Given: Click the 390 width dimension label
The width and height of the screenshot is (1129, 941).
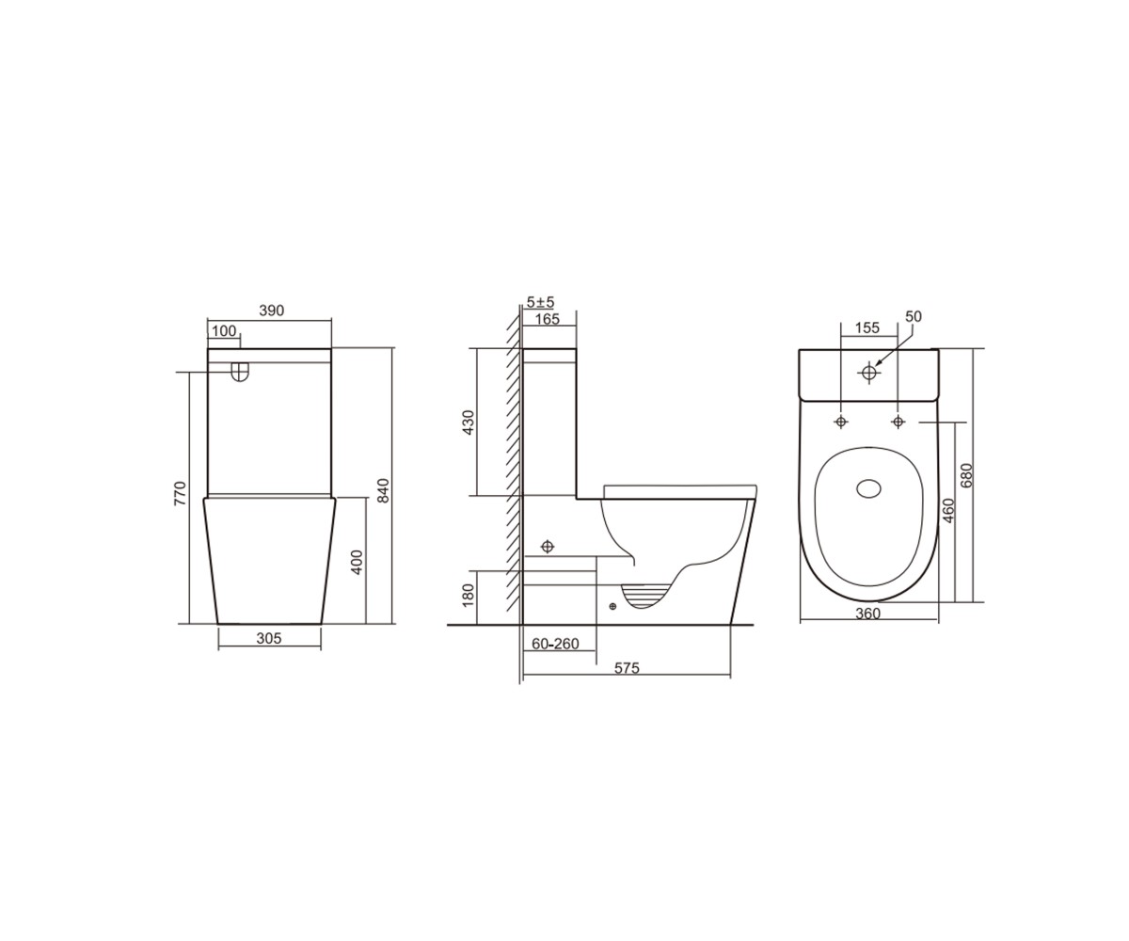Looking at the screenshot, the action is point(272,311).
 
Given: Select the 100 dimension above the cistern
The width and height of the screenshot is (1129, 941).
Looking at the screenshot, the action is point(224,330).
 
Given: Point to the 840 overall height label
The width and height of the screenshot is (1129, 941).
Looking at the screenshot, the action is point(383,490).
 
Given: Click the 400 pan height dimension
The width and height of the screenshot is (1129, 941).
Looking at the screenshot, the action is point(357,562).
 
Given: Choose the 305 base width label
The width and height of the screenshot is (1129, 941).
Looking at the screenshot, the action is point(269,638).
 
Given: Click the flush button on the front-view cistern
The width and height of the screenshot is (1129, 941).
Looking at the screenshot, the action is point(240,373).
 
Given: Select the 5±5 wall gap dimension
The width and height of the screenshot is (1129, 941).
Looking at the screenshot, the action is point(541,302).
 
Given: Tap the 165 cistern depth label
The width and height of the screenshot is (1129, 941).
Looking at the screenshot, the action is point(548,319).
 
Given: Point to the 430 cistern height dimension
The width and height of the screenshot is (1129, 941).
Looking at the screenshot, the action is point(469,423).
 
